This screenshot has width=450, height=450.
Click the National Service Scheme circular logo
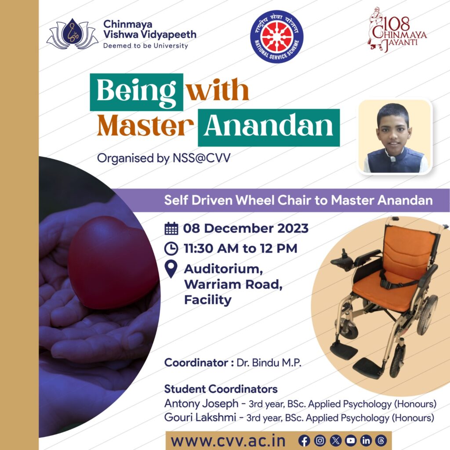point(277,37)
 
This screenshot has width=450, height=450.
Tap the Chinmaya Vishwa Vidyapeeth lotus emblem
point(73,34)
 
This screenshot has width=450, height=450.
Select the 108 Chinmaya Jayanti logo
point(397,30)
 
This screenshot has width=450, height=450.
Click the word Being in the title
point(136,92)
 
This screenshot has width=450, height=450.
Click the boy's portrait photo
point(395,137)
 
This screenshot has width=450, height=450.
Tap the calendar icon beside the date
point(171,229)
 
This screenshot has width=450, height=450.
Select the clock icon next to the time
point(171,249)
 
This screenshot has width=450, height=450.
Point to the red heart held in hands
point(112,263)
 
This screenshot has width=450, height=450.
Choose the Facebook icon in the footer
point(304,440)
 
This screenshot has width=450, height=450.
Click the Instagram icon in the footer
point(320,440)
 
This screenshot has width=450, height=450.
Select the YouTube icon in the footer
point(350,440)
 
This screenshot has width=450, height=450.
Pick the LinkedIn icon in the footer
point(366,440)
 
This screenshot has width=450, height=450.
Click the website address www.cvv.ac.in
point(228,441)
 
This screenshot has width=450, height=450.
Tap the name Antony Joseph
point(201,403)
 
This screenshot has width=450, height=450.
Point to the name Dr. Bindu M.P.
point(269,363)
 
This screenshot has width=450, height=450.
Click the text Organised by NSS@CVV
point(163,158)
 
